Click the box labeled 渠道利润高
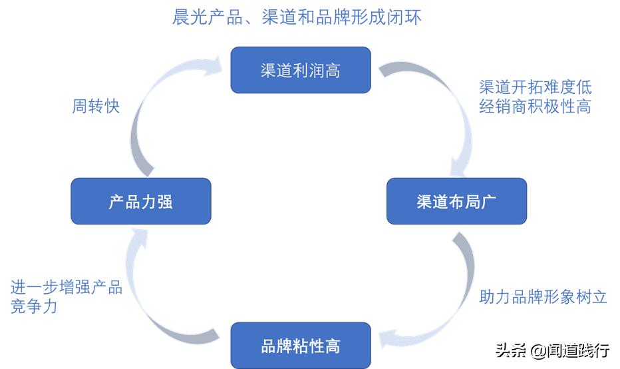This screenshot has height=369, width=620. [300, 70]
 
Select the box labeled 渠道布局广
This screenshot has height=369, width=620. [456, 201]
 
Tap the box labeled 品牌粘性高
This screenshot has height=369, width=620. [300, 346]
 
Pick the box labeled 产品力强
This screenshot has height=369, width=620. [140, 201]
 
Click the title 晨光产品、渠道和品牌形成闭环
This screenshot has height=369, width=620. [297, 17]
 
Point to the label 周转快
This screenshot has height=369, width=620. [96, 106]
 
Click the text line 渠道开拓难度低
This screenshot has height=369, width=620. [535, 87]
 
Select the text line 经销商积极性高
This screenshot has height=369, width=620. [535, 106]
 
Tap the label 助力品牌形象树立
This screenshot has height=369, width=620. [543, 297]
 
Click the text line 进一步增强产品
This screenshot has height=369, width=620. [67, 288]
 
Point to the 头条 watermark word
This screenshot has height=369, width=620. [511, 350]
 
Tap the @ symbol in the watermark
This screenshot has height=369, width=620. [538, 350]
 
